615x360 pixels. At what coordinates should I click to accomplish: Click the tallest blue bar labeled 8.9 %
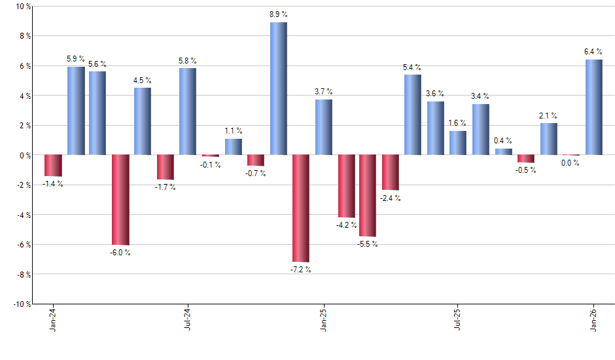[278, 88]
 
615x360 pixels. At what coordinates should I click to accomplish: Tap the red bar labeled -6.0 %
[120, 200]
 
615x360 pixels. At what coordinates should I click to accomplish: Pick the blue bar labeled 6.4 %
[593, 107]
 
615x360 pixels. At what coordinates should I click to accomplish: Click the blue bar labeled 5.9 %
[75, 111]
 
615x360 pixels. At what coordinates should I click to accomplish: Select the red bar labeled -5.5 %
[368, 196]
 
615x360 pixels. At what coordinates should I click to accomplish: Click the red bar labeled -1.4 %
[52, 166]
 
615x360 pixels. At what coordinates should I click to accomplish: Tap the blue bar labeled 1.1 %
[233, 147]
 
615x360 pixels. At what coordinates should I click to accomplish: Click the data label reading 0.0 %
[570, 163]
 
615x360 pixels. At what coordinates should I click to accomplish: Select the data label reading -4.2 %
[346, 225]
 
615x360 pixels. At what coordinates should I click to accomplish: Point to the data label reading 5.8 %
[188, 61]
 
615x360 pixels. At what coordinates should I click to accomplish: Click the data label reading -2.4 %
[391, 198]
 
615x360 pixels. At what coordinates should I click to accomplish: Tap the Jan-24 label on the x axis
[53, 319]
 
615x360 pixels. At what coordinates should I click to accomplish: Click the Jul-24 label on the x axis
[188, 319]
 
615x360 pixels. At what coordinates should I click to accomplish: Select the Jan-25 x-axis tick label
[323, 319]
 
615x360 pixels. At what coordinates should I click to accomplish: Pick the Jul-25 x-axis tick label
[458, 319]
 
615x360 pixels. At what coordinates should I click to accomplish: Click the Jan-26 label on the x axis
[593, 319]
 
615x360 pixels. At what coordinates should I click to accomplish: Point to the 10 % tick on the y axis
[23, 7]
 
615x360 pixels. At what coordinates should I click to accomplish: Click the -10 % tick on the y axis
[22, 304]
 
